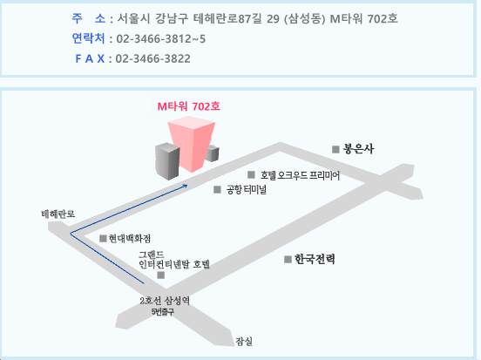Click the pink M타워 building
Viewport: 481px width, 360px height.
[192, 144]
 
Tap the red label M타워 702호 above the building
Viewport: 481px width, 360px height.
[189, 106]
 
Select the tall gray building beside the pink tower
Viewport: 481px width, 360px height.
[167, 161]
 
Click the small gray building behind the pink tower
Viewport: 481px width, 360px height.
[213, 153]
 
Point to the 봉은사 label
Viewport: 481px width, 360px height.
[358, 149]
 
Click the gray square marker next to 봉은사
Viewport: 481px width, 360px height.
[335, 149]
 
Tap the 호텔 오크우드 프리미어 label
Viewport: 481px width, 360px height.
[300, 175]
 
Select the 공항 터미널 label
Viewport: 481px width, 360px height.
[246, 190]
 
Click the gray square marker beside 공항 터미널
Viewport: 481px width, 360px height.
[217, 190]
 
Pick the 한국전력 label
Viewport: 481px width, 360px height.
[315, 259]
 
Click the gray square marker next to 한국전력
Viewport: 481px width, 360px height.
[288, 260]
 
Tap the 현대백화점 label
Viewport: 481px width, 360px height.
[130, 239]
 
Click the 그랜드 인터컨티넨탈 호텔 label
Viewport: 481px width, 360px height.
[174, 260]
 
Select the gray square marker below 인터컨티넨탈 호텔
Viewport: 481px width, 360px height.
[160, 275]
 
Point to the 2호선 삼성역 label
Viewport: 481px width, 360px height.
[165, 301]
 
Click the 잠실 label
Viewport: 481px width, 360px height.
[244, 342]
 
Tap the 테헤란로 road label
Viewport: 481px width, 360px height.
[58, 214]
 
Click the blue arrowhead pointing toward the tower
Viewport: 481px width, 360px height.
[185, 186]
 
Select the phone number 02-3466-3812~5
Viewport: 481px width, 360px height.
[161, 39]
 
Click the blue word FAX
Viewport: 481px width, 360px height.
[90, 58]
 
